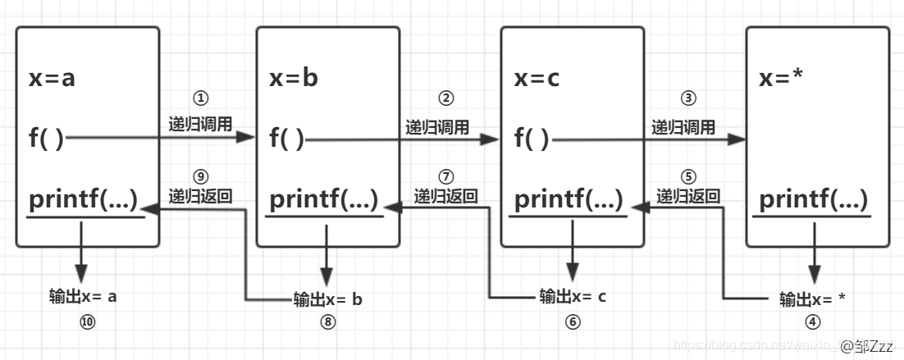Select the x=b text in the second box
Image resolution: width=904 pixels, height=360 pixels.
point(294,79)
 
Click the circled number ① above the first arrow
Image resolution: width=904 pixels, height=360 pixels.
point(199,98)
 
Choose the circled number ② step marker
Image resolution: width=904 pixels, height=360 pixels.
point(446,98)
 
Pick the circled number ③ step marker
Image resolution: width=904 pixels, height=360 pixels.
point(688,98)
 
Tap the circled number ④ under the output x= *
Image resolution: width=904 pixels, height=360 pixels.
point(813,322)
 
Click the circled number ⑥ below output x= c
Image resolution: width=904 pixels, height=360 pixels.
point(573,322)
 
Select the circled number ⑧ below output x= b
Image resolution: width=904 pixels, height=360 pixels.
point(328,322)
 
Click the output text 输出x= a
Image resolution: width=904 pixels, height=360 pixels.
point(83,296)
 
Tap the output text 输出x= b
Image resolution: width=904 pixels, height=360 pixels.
point(327,299)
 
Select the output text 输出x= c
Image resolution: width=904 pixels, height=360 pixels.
point(573,296)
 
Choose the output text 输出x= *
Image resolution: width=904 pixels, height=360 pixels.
point(812,299)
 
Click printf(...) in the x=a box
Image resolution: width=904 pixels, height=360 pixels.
point(83,199)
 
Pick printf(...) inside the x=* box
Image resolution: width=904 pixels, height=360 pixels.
point(813,199)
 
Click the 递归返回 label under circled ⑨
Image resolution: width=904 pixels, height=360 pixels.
point(199,197)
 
